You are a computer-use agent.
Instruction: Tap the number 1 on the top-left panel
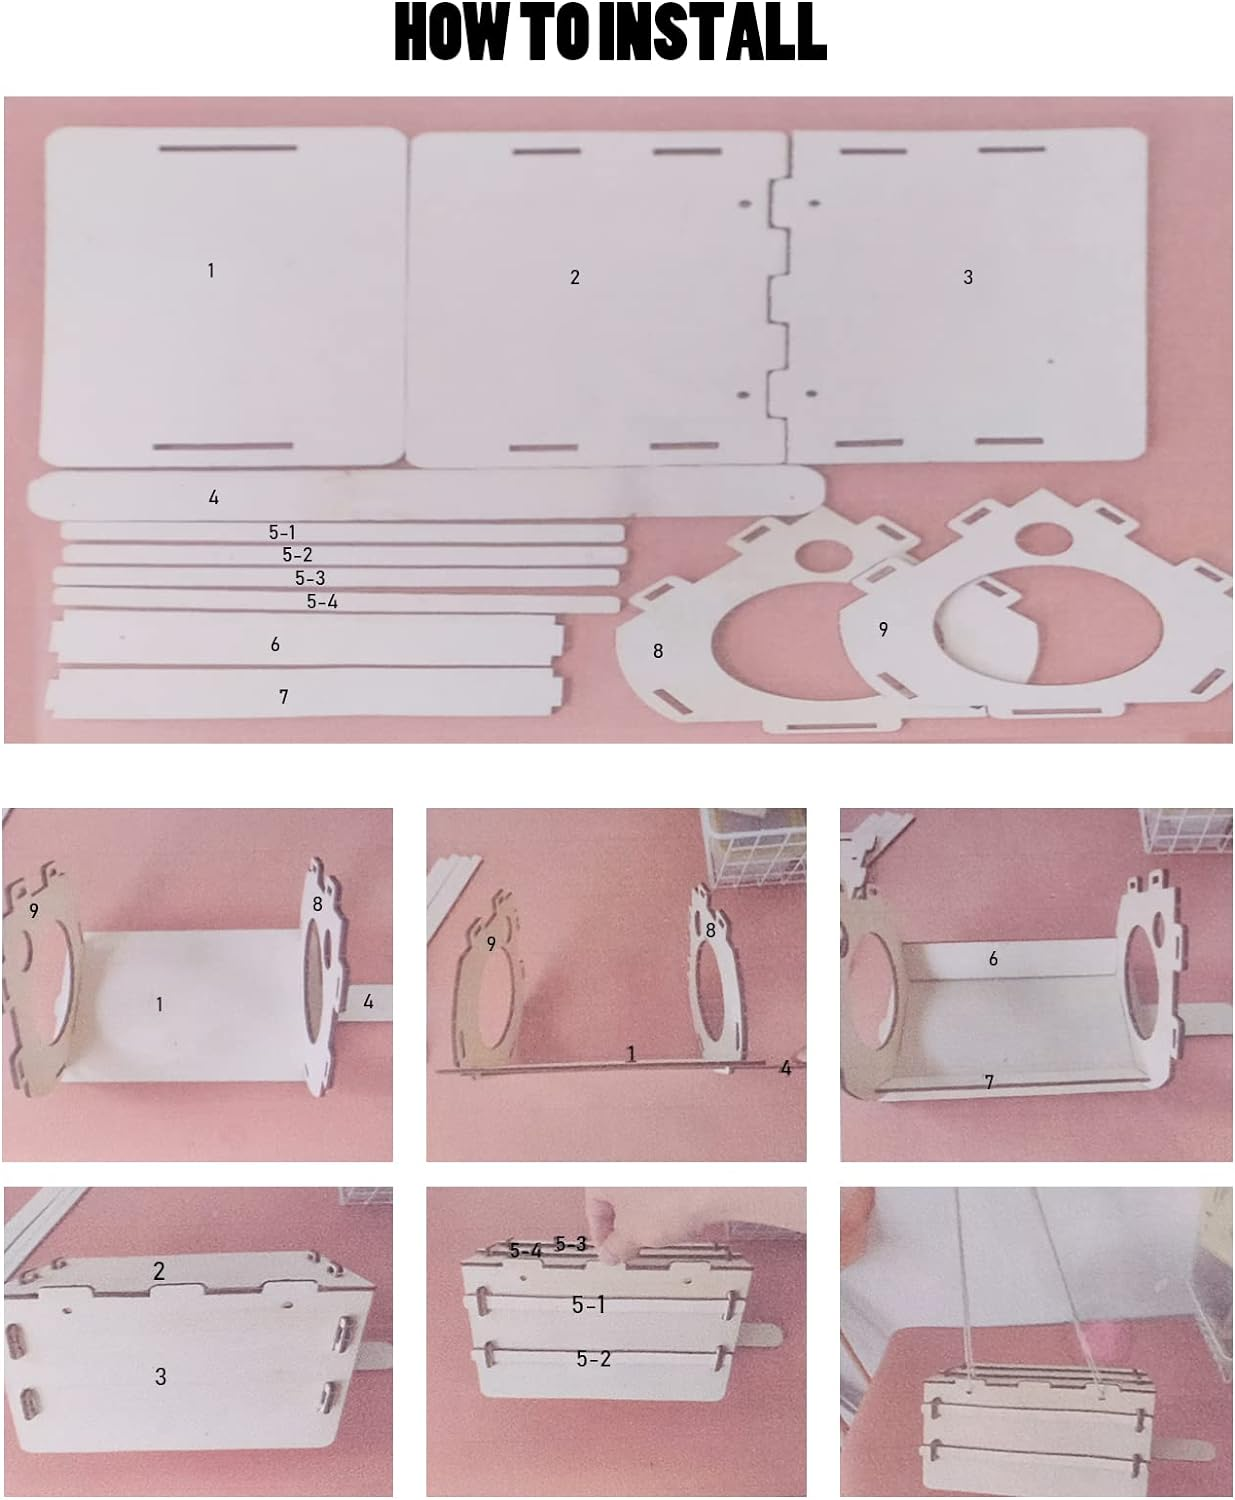(x=211, y=270)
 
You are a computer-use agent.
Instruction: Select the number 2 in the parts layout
(x=575, y=277)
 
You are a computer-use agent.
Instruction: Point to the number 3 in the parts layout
(x=968, y=277)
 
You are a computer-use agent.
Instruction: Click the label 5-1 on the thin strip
(x=282, y=532)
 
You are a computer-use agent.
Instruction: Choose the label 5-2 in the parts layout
(x=297, y=555)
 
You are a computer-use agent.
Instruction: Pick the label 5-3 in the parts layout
(x=310, y=578)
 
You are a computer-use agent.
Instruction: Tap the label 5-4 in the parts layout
(x=322, y=602)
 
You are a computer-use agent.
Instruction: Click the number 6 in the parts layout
(x=275, y=644)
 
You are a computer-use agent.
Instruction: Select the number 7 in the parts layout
(x=283, y=697)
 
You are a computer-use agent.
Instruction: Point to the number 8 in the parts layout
(x=658, y=651)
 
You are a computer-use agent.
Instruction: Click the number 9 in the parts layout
(x=883, y=629)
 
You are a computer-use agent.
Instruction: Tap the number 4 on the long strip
(x=213, y=498)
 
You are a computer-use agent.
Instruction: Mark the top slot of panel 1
(x=228, y=148)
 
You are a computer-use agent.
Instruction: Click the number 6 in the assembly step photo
(x=993, y=959)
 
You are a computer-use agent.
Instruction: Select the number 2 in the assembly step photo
(x=159, y=1272)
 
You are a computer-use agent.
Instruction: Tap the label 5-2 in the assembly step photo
(x=593, y=1359)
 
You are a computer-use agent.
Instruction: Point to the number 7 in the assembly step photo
(x=989, y=1083)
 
